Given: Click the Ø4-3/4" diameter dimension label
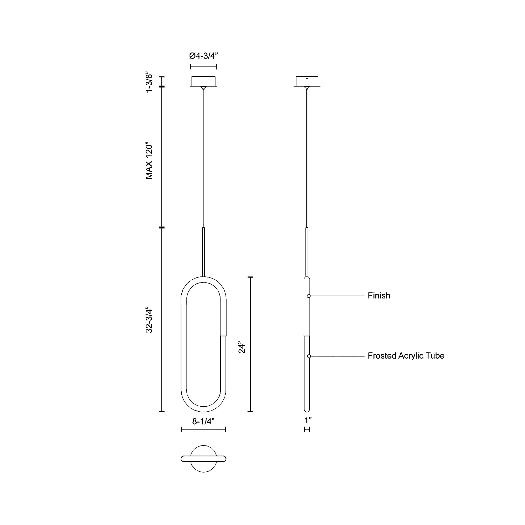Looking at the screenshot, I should coord(203,56).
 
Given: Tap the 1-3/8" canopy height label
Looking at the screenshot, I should coord(149,82).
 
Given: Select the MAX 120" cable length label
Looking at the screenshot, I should coord(149,160).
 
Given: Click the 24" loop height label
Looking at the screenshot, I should coord(241,347).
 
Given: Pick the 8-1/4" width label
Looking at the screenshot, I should coord(203,421).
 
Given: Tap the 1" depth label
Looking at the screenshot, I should coord(308,420).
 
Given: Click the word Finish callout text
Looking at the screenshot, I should coord(379,296).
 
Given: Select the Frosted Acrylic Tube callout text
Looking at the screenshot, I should coord(406,356).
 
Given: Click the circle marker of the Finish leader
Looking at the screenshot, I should coord(309,296).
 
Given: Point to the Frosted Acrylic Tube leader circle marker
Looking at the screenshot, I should coord(309,356).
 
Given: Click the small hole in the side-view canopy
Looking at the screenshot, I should coord(307,79).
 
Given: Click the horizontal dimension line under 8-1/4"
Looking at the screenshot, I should coord(203,429).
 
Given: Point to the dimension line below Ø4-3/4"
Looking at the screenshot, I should coord(203,67).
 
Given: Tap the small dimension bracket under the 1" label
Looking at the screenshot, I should coord(307,429).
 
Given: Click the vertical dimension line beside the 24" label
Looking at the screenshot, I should coord(250,344).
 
